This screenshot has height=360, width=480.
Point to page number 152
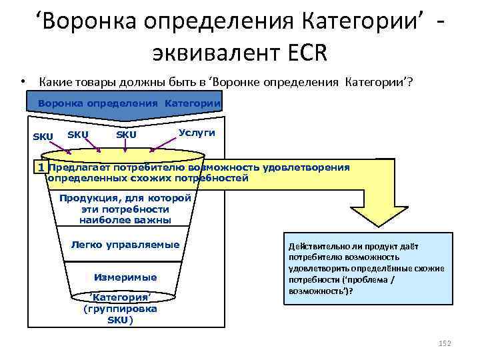click(445, 343)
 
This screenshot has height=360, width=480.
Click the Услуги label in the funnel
click(197, 133)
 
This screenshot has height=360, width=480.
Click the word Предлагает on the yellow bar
click(80, 167)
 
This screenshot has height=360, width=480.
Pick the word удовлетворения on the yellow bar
click(307, 167)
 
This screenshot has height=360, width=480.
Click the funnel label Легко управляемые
click(125, 245)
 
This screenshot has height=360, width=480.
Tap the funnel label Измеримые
click(126, 277)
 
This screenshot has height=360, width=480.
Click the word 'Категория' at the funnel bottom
click(121, 297)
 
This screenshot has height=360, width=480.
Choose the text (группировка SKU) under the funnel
click(121, 314)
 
